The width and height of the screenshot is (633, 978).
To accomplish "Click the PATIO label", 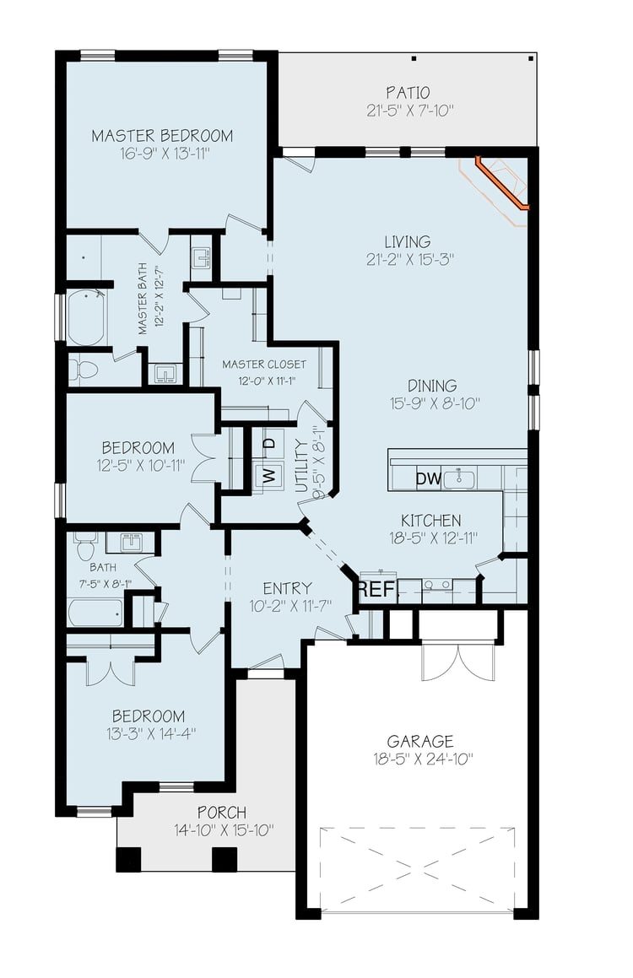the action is coord(408,93).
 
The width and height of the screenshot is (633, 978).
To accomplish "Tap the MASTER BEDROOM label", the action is coord(162,135).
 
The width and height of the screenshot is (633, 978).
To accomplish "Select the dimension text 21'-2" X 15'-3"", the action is coord(409,259).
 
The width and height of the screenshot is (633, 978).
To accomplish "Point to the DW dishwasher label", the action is coord(429,479).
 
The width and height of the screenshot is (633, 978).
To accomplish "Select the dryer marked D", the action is coord(268,444).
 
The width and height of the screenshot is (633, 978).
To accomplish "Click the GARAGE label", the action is coord(420,742).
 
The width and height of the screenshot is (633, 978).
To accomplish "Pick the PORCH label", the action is coord(222,813).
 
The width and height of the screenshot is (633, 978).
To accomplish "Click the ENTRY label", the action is coord(287,588).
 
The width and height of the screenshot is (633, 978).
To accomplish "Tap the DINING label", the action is coord(432,386).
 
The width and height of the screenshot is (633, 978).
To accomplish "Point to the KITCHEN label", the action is coord(431,520).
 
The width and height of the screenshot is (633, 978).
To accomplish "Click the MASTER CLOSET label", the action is coord(264,365).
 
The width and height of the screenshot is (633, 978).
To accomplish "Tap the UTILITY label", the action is coord(301,466).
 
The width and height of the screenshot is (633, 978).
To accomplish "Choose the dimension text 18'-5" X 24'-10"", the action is coord(424,759).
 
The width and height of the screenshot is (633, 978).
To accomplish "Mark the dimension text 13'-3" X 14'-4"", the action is coord(152,733).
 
